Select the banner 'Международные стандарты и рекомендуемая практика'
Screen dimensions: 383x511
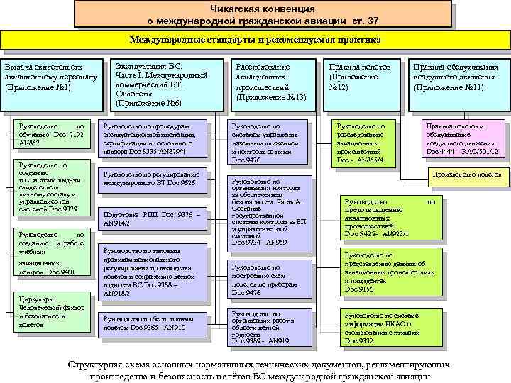pyautogui.click(x=255, y=40)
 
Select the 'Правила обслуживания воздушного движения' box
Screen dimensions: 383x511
pyautogui.click(x=458, y=77)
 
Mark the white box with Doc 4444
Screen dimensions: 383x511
pyautogui.click(x=458, y=139)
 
